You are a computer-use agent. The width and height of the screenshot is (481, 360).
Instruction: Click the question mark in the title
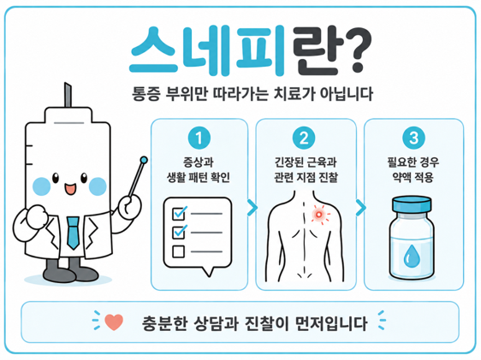pyautogui.click(x=358, y=50)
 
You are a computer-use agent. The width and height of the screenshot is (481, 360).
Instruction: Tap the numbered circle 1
pyautogui.click(x=199, y=138)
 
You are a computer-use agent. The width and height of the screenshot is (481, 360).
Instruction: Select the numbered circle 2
pyautogui.click(x=304, y=138)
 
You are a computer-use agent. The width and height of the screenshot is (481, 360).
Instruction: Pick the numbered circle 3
pyautogui.click(x=413, y=138)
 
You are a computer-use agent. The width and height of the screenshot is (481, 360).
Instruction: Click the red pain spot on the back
pyautogui.click(x=319, y=214)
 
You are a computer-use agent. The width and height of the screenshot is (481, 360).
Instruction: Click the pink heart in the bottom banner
pyautogui.click(x=114, y=322)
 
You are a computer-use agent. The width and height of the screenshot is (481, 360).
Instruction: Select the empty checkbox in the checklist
pyautogui.click(x=178, y=251)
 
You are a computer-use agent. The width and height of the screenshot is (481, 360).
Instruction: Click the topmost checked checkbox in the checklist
pyautogui.click(x=180, y=213)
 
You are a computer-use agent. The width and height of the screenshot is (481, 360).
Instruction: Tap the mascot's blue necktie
pyautogui.click(x=73, y=233)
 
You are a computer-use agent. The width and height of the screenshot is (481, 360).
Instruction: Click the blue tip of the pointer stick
pyautogui.click(x=144, y=160)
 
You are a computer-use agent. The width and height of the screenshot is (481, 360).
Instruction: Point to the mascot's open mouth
pyautogui.click(x=70, y=189)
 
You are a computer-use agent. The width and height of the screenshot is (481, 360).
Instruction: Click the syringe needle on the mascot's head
pyautogui.click(x=68, y=95)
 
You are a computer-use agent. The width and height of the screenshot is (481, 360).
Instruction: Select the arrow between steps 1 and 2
pyautogui.click(x=252, y=208)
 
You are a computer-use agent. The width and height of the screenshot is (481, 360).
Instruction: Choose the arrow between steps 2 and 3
pyautogui.click(x=361, y=208)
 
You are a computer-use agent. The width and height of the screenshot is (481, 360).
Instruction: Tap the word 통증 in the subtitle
pyautogui.click(x=146, y=94)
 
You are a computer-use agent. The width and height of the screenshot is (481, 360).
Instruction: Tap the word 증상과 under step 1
pyautogui.click(x=199, y=162)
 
